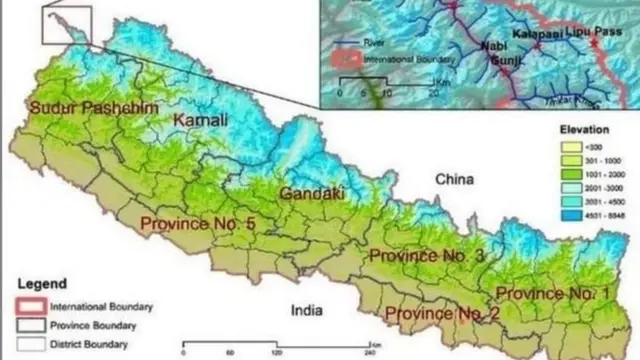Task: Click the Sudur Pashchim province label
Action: (x=85, y=108)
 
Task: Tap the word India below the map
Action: (x=306, y=311)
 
